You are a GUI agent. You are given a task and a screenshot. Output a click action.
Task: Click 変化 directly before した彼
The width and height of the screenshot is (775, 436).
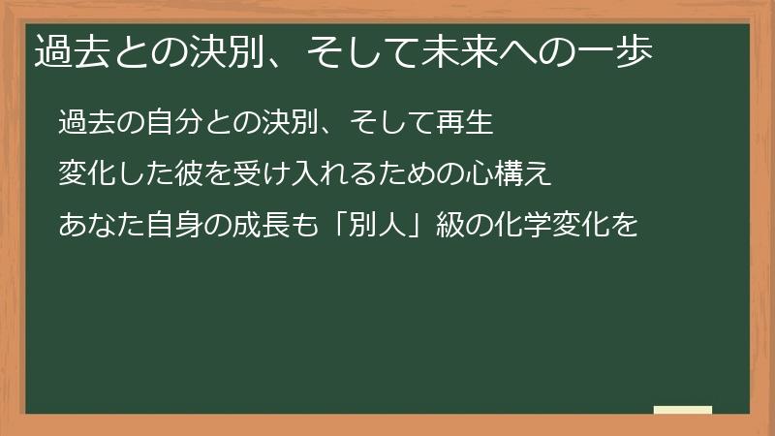pyautogui.click(x=85, y=175)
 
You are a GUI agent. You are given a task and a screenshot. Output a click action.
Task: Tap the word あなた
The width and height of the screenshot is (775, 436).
pyautogui.click(x=100, y=227)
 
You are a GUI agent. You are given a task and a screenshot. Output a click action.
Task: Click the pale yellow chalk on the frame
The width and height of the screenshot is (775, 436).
pyautogui.click(x=683, y=410)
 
